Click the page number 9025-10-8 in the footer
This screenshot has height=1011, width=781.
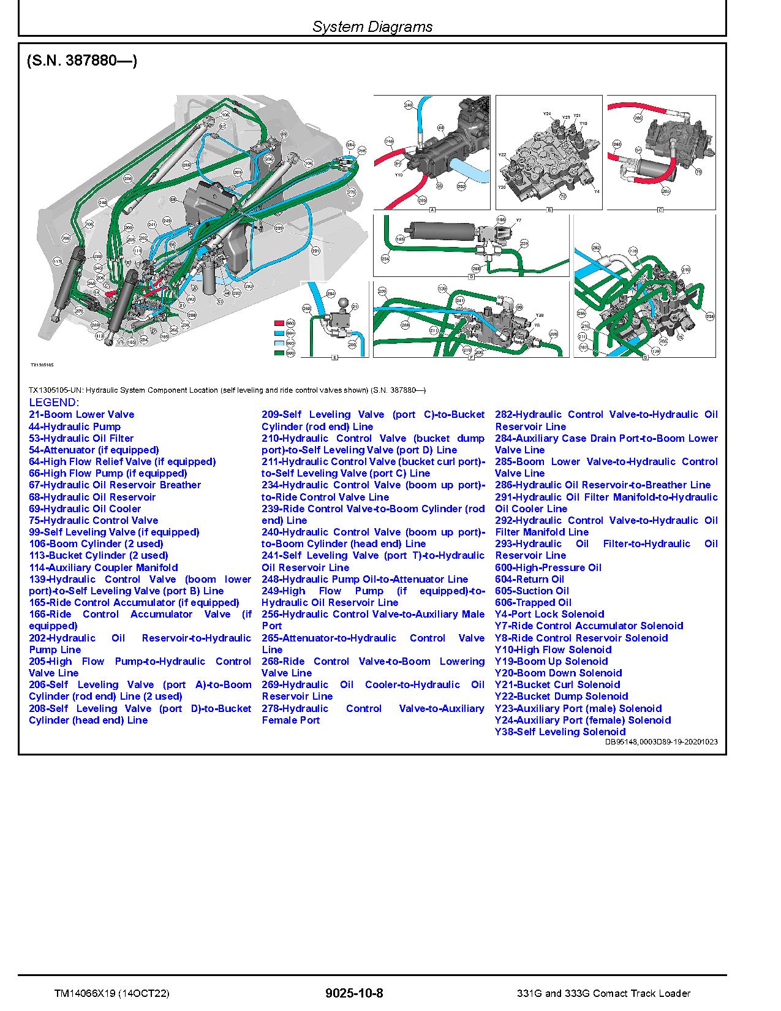click(355, 993)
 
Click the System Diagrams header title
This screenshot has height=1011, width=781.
click(372, 26)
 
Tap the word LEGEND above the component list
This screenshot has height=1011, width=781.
click(54, 403)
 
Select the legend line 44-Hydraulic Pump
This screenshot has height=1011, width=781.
click(75, 426)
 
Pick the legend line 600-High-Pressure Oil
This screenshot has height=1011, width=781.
click(548, 567)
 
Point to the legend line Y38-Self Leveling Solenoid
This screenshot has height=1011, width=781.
click(560, 732)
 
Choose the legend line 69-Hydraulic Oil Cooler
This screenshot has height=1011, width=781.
click(85, 509)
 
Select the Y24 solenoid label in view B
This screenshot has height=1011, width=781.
click(547, 114)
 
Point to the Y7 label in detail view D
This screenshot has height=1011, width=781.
click(518, 220)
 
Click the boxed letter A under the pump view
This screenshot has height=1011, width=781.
click(432, 210)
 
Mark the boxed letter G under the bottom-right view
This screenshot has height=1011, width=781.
click(645, 357)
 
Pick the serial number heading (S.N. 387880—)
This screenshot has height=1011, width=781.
click(82, 61)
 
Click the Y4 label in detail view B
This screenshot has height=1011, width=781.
click(597, 192)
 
